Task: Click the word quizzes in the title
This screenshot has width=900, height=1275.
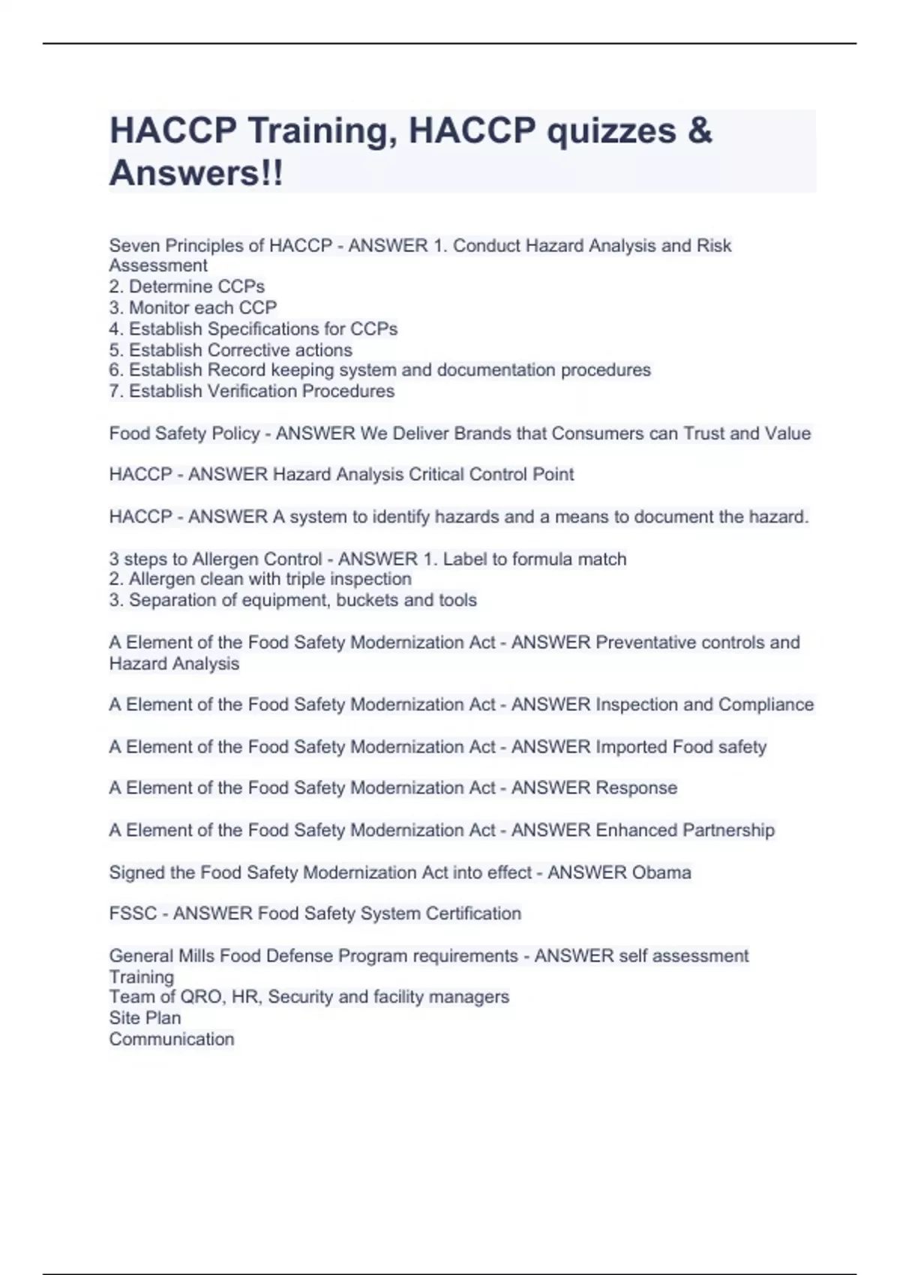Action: [611, 131]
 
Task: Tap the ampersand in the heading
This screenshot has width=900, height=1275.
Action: [699, 131]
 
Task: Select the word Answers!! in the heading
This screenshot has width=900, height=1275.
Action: [196, 173]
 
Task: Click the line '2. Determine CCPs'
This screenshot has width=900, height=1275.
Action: [187, 286]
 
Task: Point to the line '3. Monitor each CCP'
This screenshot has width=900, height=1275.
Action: [193, 307]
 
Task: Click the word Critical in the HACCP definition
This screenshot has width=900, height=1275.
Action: [437, 474]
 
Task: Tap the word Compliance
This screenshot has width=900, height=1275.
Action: [766, 704]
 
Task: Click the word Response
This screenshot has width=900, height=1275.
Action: [636, 787]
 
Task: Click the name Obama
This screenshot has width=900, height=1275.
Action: [661, 872]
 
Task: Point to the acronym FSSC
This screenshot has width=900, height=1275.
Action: [133, 913]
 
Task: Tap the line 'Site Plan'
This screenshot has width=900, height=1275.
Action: [145, 1018]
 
